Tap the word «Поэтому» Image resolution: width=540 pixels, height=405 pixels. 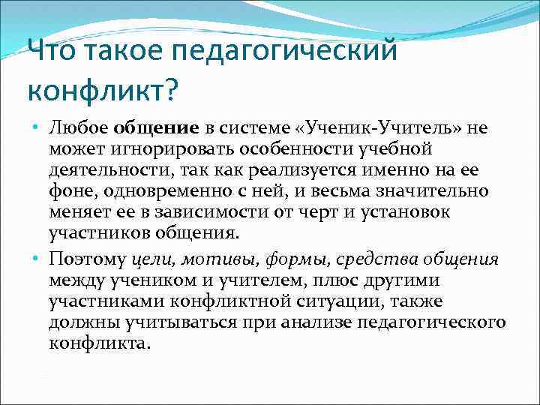(x=88, y=259)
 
